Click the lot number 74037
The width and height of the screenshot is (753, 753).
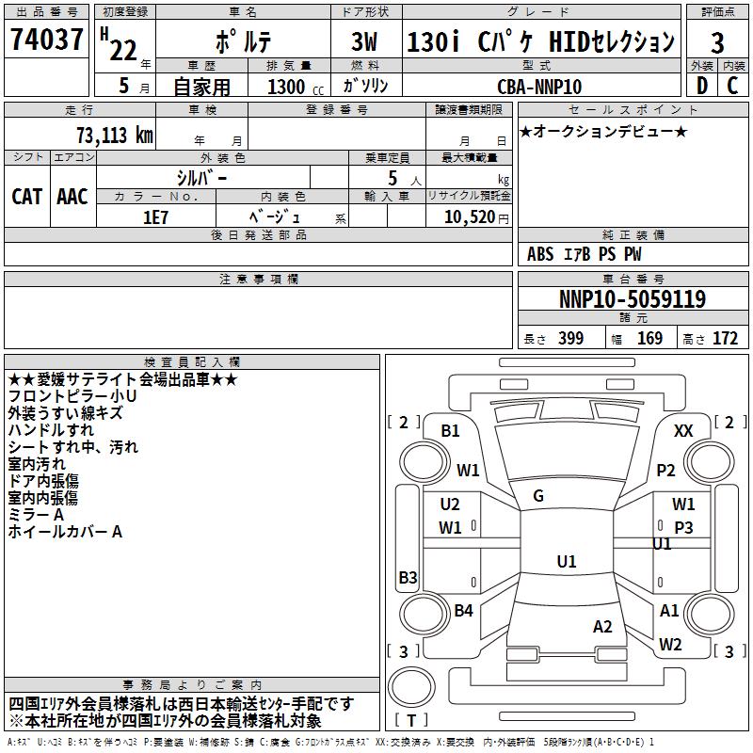click(46, 40)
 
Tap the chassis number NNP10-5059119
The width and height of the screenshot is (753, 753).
click(632, 299)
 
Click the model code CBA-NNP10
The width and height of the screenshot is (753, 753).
click(539, 87)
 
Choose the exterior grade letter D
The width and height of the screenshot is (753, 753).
click(701, 86)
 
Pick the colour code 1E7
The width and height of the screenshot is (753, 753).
click(155, 216)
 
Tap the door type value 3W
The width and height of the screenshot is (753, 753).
click(366, 41)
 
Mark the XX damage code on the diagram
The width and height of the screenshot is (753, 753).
click(684, 430)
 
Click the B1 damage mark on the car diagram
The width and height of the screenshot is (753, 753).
click(451, 430)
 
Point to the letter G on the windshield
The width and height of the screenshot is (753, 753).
click(538, 496)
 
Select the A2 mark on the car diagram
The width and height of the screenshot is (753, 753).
click(602, 627)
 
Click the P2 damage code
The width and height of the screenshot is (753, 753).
click(666, 470)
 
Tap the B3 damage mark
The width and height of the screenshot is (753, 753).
click(408, 577)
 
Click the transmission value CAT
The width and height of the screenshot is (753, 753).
click(26, 197)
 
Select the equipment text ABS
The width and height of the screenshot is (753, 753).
click(540, 254)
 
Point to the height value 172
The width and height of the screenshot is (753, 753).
click(725, 339)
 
